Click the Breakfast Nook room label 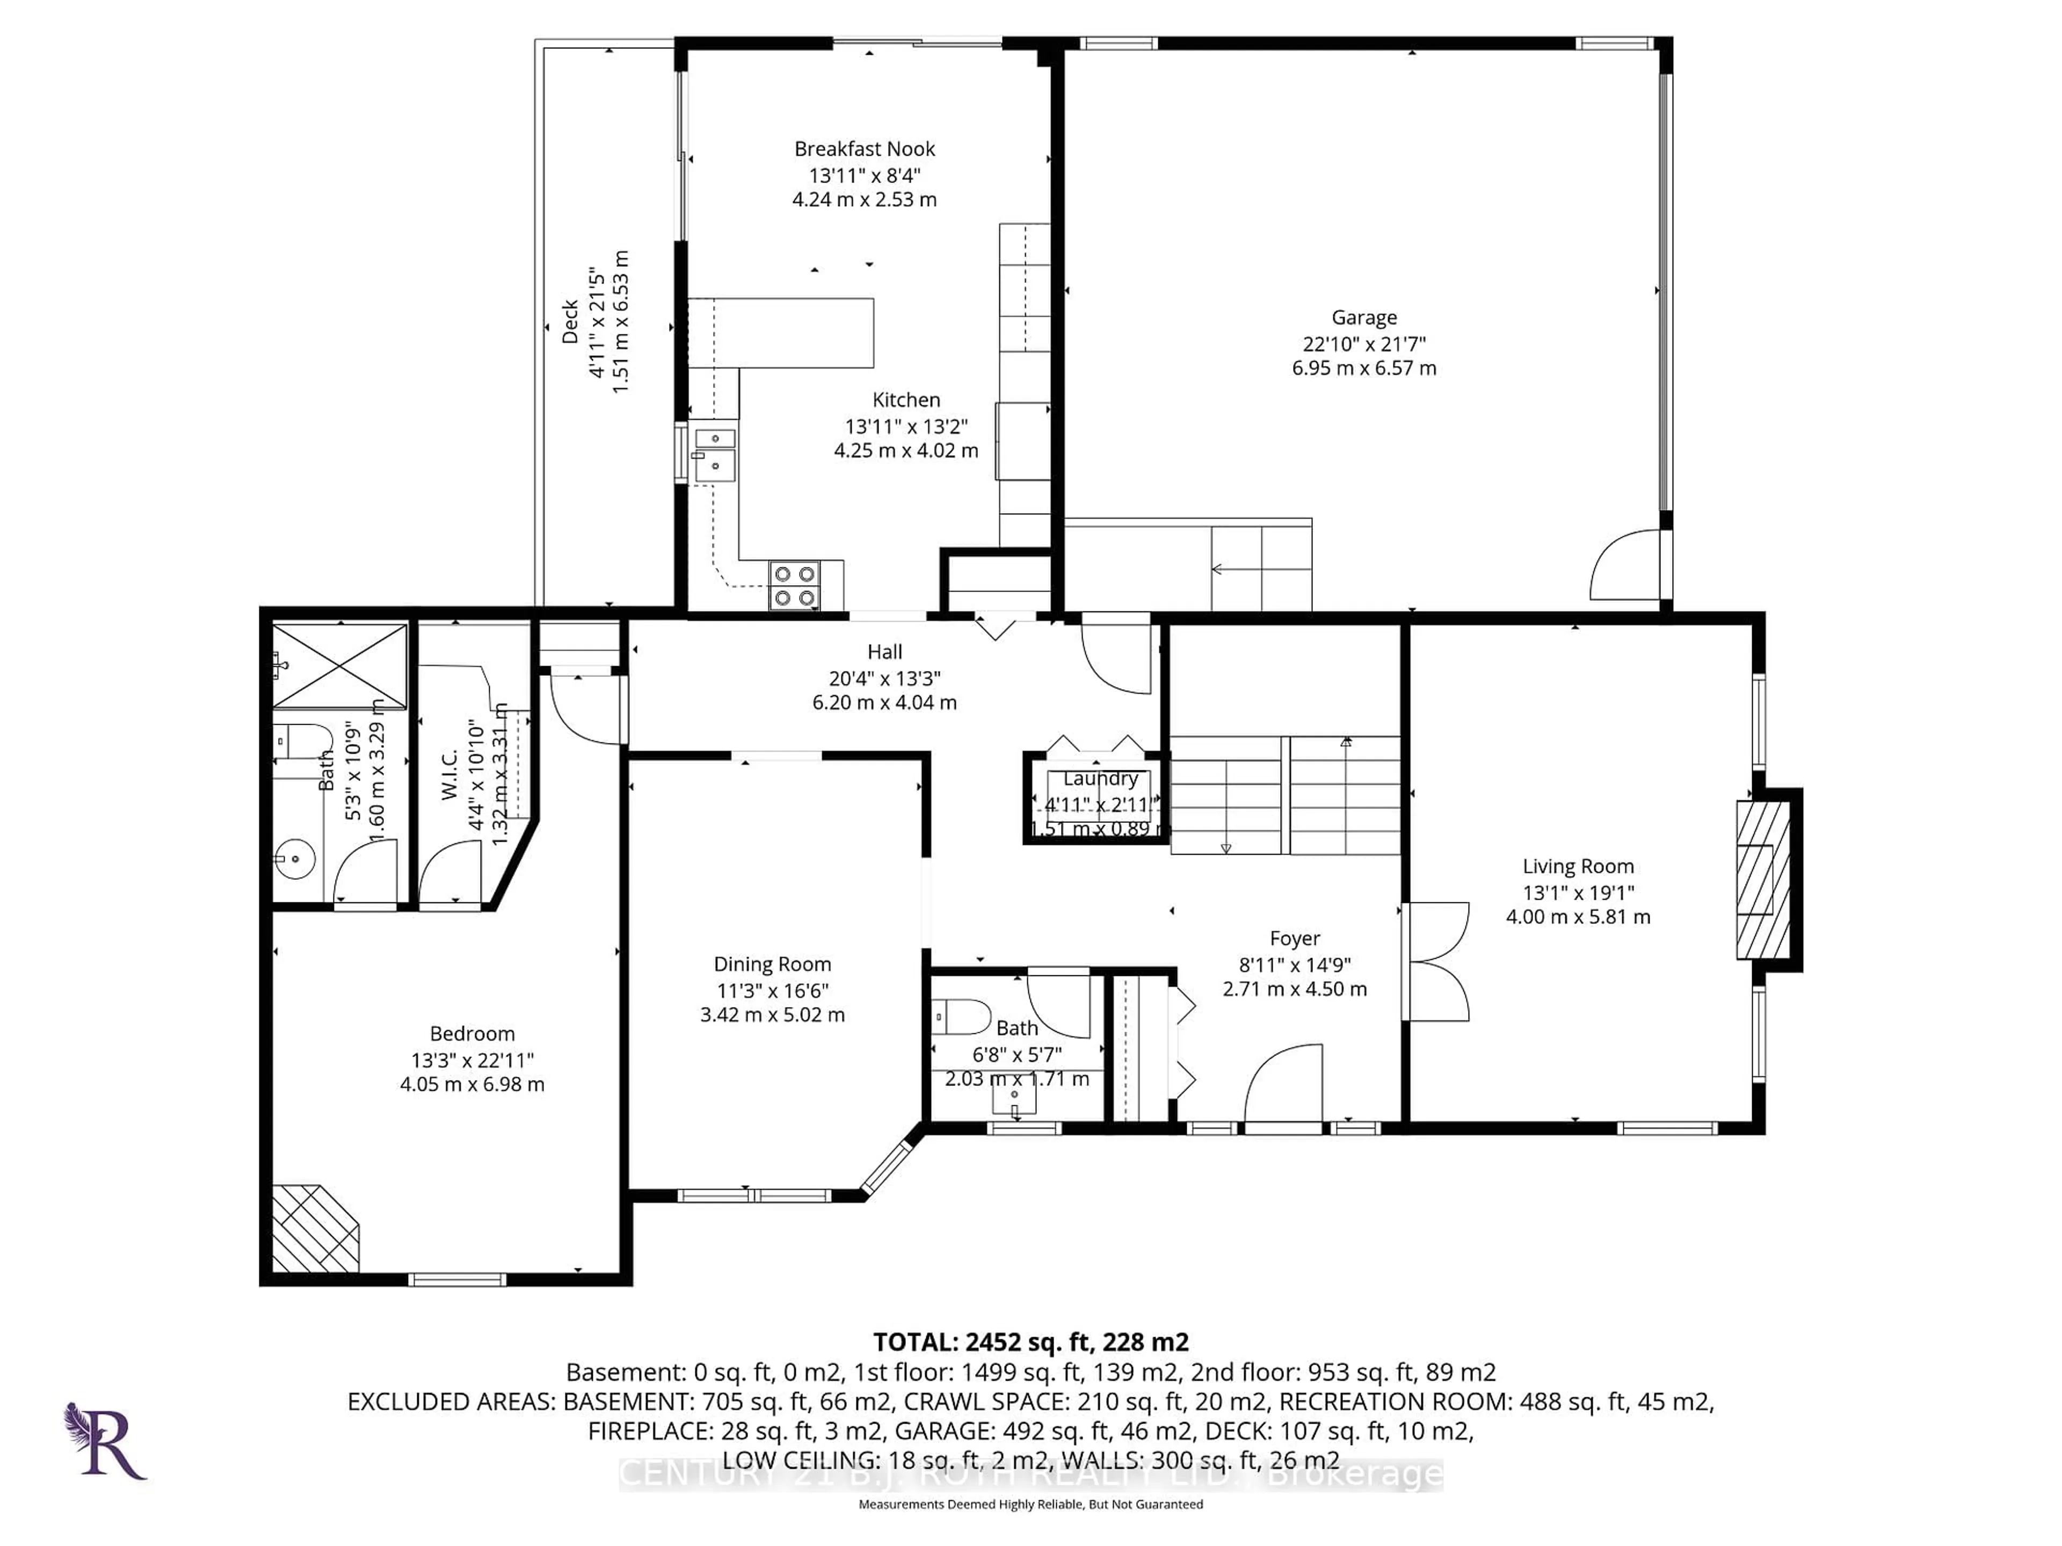click(x=864, y=149)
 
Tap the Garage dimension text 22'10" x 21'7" click(x=1364, y=343)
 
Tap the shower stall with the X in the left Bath click(x=339, y=666)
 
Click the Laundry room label click(x=1100, y=778)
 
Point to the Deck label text click(x=570, y=322)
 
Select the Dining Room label click(x=772, y=965)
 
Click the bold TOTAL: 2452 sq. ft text click(x=1030, y=1342)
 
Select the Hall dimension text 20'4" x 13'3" click(x=884, y=679)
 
